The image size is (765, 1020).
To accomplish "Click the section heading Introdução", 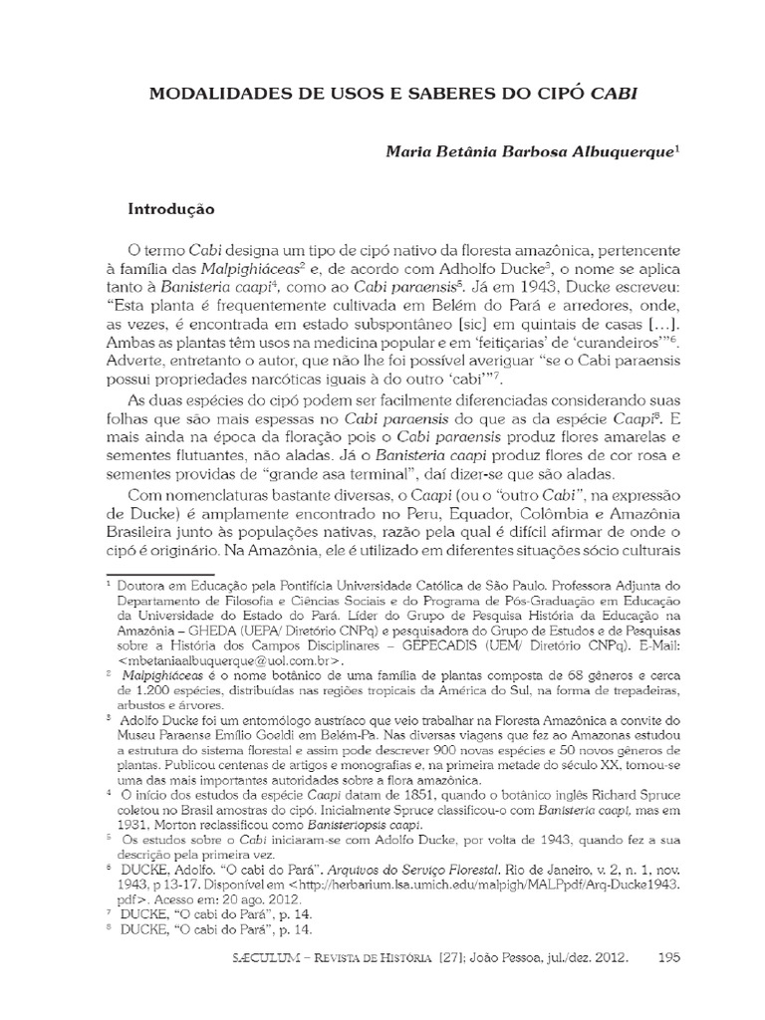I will pyautogui.click(x=170, y=210).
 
